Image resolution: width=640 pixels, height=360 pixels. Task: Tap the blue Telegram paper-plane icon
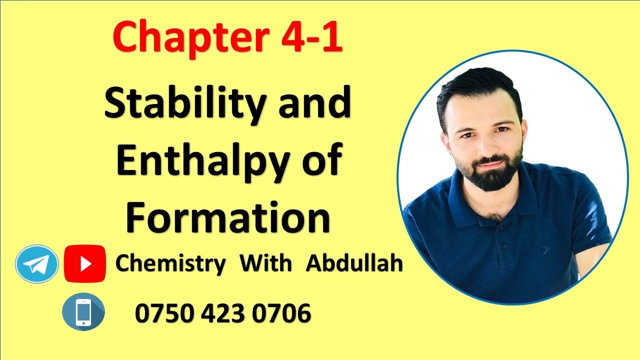pyautogui.click(x=37, y=263)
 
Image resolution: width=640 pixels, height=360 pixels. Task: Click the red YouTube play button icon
pyautogui.click(x=85, y=263)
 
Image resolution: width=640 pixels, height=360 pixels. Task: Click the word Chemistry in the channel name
pyautogui.click(x=170, y=263)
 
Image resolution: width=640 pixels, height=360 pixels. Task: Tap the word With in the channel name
pyautogui.click(x=265, y=263)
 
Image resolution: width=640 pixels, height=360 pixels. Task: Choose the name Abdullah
pyautogui.click(x=354, y=263)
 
